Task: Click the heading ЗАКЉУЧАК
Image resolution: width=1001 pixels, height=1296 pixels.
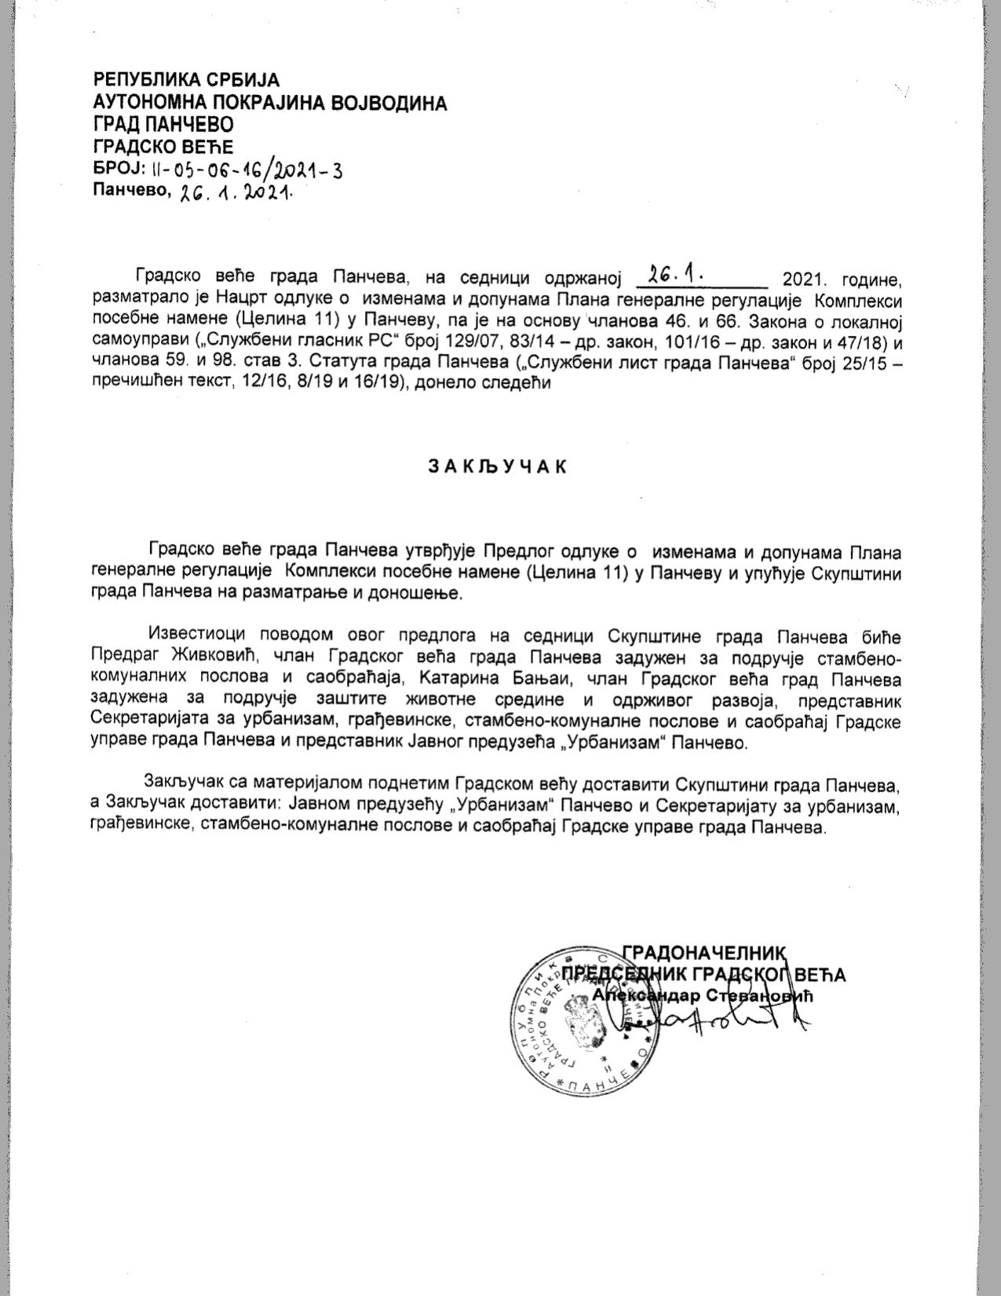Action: pos(496,465)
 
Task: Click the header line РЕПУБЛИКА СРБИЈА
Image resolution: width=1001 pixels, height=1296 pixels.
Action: pos(187,80)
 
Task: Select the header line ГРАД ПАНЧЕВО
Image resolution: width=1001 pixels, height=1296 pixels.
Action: pos(163,125)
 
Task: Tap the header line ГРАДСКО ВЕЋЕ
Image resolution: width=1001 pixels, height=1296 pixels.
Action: pos(163,147)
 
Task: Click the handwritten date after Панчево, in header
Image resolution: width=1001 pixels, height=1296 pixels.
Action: pos(236,193)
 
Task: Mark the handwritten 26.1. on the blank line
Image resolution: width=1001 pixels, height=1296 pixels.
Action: pos(676,276)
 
